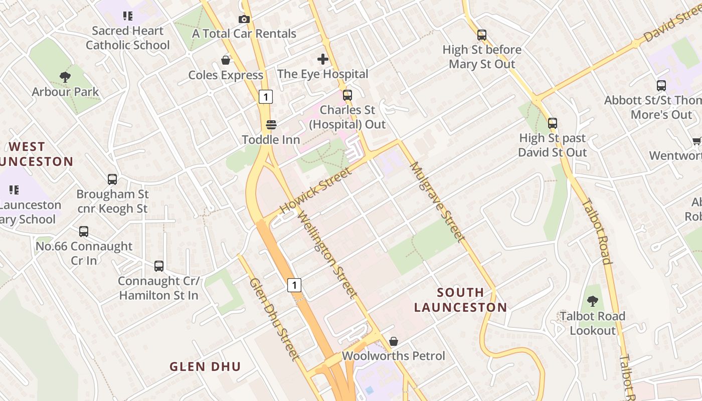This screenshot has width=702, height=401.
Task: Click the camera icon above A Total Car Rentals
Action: [244, 19]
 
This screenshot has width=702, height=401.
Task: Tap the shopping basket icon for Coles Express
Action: [226, 60]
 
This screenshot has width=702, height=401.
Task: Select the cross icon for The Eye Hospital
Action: [323, 59]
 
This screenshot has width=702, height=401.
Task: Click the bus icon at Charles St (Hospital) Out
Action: [347, 95]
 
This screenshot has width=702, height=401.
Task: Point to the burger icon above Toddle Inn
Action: [271, 124]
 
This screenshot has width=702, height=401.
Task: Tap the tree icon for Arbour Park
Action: [65, 77]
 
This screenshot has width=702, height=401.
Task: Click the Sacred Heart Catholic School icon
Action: [128, 16]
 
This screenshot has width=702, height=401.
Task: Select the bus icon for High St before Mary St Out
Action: [482, 35]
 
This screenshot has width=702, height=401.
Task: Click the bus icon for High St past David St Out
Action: [553, 123]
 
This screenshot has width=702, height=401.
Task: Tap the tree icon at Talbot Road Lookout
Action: [593, 301]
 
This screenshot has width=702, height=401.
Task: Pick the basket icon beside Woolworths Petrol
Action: [394, 341]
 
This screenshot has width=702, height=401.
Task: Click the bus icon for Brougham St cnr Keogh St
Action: [112, 179]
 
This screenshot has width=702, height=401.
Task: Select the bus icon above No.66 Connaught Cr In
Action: [84, 232]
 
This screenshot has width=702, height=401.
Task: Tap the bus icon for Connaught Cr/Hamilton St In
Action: [159, 266]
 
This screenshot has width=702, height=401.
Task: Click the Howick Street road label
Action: [315, 190]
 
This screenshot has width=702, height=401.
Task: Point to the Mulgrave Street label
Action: [435, 201]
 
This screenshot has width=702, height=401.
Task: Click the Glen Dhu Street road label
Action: [274, 319]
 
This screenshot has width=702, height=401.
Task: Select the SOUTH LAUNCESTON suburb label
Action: [460, 300]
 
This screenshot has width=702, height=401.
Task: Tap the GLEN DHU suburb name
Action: [205, 366]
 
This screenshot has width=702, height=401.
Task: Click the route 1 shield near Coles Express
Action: [266, 97]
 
